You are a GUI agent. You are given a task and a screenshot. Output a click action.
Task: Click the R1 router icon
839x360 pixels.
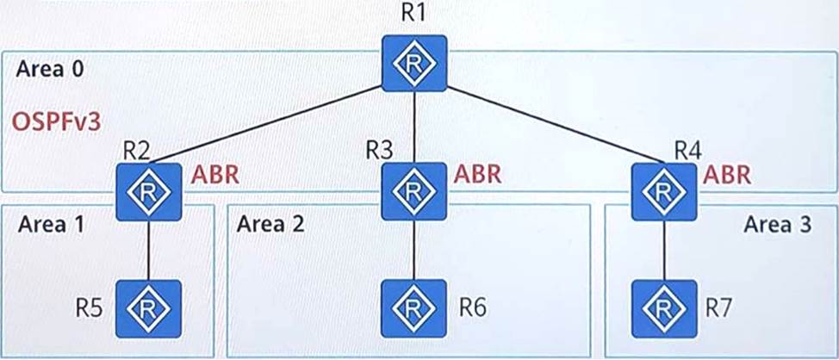pos(415,63)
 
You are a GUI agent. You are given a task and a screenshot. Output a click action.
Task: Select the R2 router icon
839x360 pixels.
pos(149,190)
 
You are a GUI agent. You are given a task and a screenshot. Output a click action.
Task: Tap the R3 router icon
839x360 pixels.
pos(414,190)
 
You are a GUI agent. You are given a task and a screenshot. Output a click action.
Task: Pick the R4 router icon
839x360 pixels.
pos(663,190)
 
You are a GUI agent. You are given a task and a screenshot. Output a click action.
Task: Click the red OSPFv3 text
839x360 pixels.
pos(56,122)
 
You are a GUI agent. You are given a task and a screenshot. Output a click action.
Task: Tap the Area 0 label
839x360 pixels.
pos(49,70)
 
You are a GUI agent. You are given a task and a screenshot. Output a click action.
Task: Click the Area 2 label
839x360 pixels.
pos(270,225)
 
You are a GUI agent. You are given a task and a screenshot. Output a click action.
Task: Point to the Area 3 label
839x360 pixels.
pos(777,225)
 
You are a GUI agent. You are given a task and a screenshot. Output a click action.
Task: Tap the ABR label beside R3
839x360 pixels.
pos(478,175)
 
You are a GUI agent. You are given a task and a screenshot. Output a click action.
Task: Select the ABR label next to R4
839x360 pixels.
pos(728,175)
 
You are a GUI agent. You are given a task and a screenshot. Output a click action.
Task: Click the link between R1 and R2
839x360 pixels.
pos(276,121)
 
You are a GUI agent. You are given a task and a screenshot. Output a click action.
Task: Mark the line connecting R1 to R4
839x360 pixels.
pos(551,121)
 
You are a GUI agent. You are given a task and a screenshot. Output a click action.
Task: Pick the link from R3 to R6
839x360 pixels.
pos(414,250)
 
